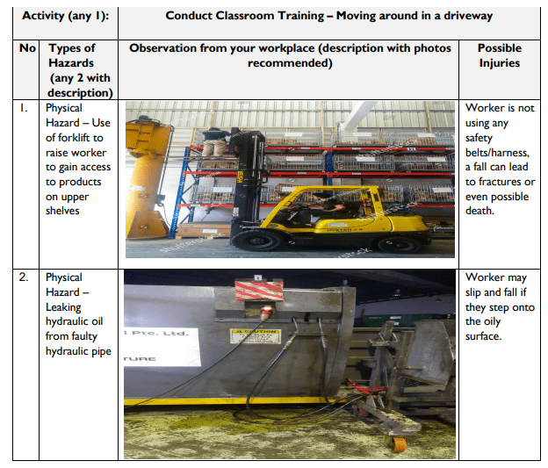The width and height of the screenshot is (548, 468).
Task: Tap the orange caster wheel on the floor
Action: click(399, 443)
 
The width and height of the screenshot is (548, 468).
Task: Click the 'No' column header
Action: click(26, 48)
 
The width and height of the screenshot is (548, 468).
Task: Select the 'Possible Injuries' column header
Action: click(500, 55)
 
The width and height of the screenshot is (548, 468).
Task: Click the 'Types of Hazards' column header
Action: click(79, 69)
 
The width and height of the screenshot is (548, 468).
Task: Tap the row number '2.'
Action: click(25, 277)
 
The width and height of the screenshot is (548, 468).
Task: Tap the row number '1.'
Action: click(25, 108)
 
